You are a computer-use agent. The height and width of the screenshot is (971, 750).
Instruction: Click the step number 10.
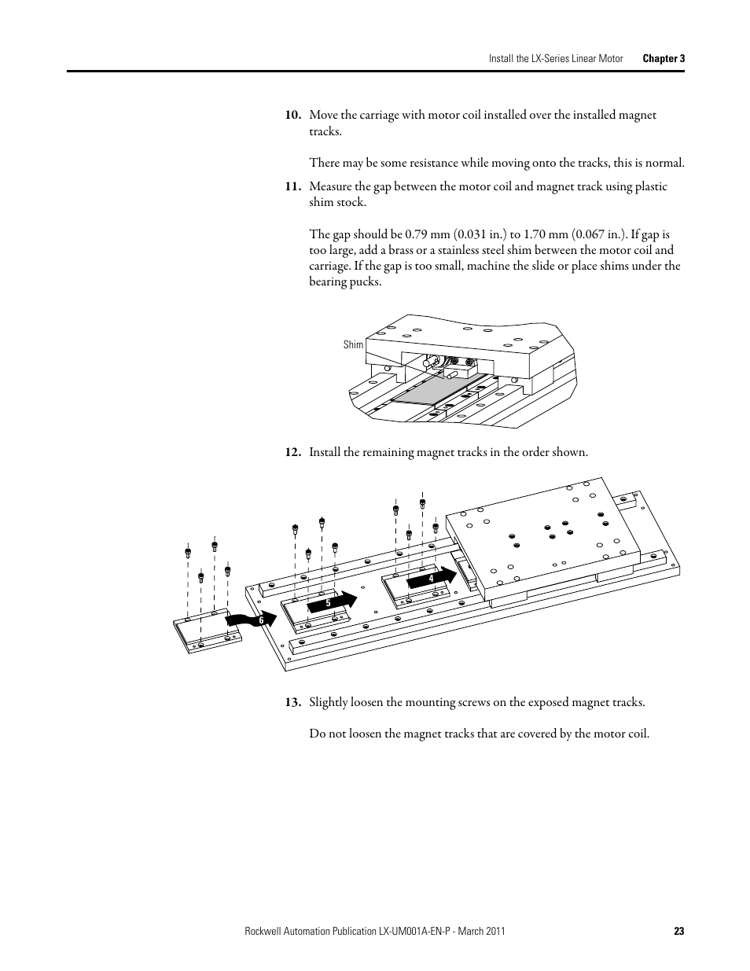[x=292, y=115]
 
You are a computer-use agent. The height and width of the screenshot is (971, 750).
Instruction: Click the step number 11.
[x=292, y=186]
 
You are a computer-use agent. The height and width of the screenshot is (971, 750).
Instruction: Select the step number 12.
[x=292, y=452]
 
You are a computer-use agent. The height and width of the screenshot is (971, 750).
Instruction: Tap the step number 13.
[x=292, y=702]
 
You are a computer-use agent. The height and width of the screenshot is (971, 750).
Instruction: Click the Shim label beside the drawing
[x=353, y=344]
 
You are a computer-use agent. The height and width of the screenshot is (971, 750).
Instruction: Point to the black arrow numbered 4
[x=432, y=579]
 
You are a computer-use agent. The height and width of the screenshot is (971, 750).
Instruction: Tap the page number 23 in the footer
[x=678, y=932]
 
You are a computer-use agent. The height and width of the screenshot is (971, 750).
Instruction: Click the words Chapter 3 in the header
[x=664, y=59]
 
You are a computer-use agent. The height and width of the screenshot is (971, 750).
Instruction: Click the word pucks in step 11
[x=366, y=281]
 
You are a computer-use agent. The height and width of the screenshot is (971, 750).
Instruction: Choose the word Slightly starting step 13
[x=329, y=702]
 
